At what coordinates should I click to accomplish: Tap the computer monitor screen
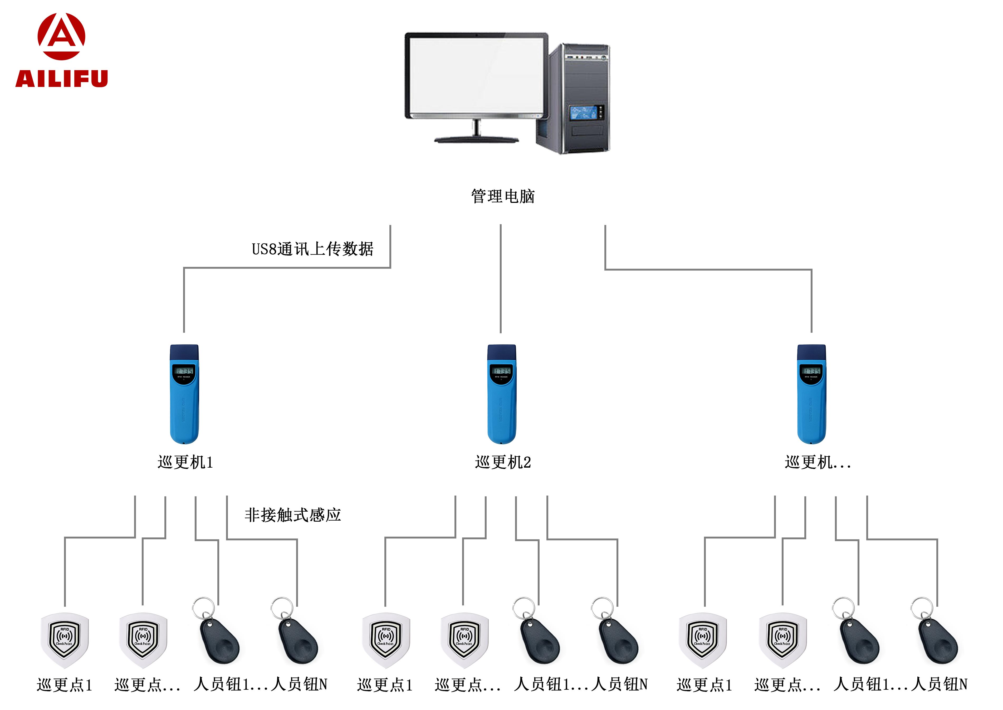pyautogui.click(x=476, y=74)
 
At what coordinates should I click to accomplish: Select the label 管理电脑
pyautogui.click(x=503, y=196)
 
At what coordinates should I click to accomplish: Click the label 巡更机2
pyautogui.click(x=503, y=462)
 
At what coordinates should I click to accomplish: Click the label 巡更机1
pyautogui.click(x=185, y=462)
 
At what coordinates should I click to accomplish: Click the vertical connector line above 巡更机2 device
pyautogui.click(x=501, y=280)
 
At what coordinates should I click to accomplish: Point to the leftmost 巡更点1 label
pyautogui.click(x=65, y=685)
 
